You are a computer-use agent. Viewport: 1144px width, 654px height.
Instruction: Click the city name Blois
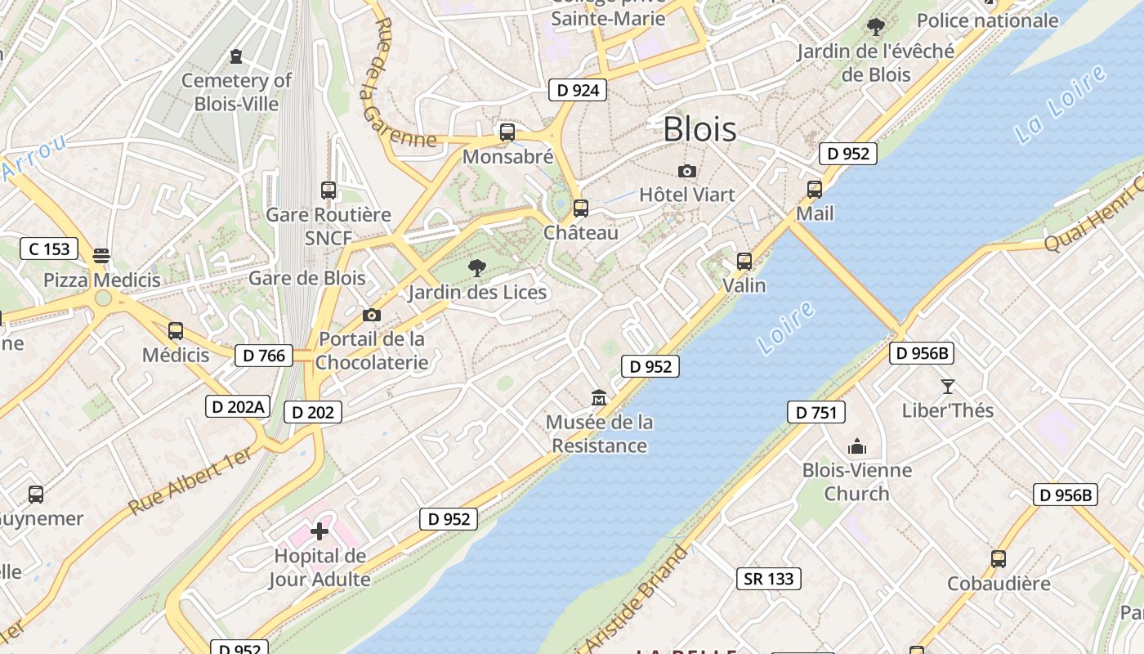coord(699,129)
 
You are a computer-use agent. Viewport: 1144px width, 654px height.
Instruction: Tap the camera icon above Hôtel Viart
coord(687,171)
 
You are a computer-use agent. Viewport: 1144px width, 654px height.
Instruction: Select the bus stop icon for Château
coord(581,208)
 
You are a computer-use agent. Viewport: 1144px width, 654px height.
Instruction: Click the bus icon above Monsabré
coord(507,132)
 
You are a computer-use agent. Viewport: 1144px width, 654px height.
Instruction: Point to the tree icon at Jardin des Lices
coord(477,267)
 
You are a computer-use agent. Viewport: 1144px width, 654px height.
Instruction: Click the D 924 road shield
coord(577,90)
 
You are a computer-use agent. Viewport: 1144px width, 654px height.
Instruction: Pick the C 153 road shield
coord(49,249)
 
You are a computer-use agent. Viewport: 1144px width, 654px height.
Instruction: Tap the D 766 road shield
coord(264,355)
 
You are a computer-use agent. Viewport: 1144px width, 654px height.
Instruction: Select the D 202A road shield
coord(237,405)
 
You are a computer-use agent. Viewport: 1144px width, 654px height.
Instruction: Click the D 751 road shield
coord(816,413)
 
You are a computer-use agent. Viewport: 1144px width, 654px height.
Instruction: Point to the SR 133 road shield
coord(769,579)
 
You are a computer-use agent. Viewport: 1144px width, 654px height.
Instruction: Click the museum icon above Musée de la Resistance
coord(599,398)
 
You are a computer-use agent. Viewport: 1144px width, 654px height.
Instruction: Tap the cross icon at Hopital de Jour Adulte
coord(320,532)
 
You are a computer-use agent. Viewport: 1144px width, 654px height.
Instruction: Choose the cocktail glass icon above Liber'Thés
coord(948,387)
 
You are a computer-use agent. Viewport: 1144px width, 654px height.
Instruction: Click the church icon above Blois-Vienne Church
coord(856,446)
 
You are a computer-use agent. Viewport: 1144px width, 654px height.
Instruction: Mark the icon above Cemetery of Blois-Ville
coord(236,56)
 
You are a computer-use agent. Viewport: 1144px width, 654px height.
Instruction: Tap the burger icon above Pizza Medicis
coord(101,256)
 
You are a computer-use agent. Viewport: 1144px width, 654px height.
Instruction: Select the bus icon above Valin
coord(744,262)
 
